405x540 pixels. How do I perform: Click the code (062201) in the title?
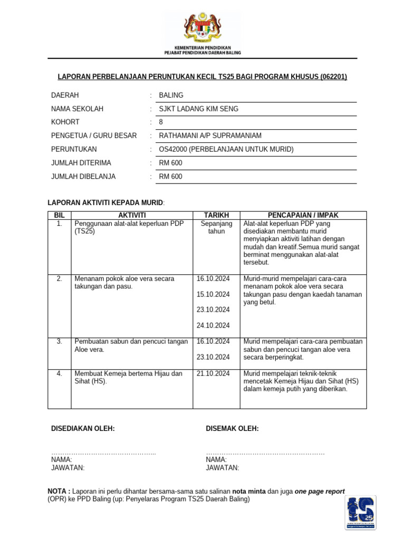333,78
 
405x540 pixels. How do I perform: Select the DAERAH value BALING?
171,95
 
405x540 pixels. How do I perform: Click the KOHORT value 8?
161,122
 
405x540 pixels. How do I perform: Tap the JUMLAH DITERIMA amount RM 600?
170,163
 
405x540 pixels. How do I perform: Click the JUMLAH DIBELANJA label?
83,177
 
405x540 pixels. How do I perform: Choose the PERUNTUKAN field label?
74,149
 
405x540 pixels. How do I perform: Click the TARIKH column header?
216,215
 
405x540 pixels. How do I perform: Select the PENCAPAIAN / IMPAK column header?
303,215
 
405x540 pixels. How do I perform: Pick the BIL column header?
59,215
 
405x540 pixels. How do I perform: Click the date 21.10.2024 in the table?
213,374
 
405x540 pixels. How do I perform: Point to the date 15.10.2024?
213,294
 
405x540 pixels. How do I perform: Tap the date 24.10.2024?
213,325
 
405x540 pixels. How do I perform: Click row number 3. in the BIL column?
59,342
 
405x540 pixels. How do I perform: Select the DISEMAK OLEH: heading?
232,429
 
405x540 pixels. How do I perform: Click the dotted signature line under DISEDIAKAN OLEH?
103,454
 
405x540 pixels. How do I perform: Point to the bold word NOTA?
58,491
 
